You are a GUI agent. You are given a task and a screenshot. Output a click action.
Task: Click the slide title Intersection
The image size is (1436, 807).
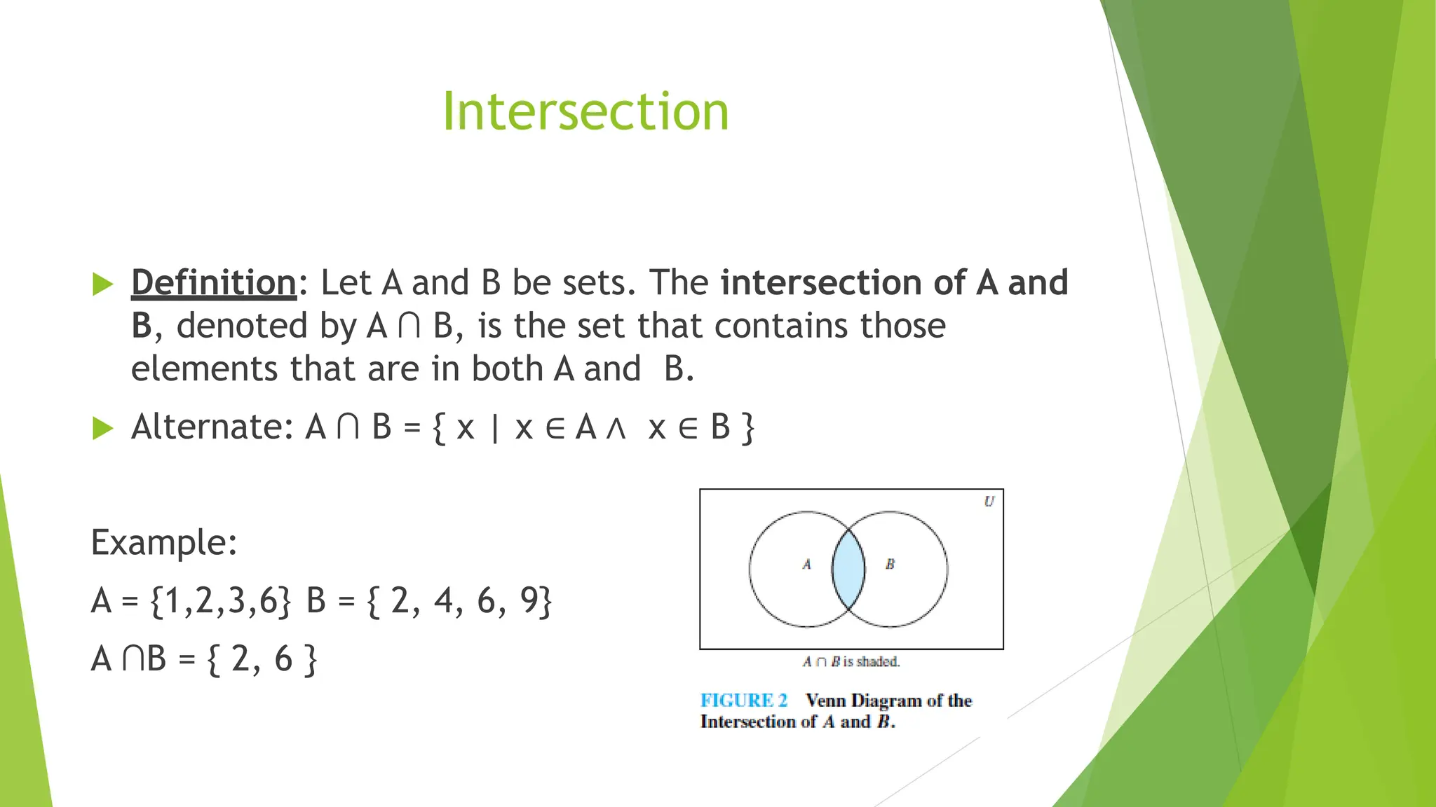click(585, 111)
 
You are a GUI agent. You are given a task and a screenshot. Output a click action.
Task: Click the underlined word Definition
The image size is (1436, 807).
click(214, 283)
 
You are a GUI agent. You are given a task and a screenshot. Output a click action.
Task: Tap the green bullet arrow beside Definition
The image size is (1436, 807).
click(102, 284)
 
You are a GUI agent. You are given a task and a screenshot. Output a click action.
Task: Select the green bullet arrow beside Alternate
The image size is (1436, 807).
click(102, 428)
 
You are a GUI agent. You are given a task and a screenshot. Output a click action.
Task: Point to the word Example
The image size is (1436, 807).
click(164, 543)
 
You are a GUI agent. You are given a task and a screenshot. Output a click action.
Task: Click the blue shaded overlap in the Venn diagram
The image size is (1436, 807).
click(848, 569)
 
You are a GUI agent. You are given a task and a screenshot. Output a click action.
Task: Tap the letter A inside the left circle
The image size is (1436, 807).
click(807, 564)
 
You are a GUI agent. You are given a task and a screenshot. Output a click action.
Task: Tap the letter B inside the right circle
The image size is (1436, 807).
click(890, 564)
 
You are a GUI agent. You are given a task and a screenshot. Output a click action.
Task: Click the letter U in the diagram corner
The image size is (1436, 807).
click(989, 502)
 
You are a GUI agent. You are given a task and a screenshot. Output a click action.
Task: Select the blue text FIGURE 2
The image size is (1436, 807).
click(744, 701)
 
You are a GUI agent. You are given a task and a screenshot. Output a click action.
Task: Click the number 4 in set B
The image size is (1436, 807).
click(444, 600)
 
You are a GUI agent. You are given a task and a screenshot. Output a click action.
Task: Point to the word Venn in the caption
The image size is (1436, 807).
click(826, 701)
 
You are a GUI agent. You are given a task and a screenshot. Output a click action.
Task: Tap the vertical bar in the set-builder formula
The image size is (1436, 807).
click(495, 427)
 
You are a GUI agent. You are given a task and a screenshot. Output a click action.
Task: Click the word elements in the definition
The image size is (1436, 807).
click(204, 369)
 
